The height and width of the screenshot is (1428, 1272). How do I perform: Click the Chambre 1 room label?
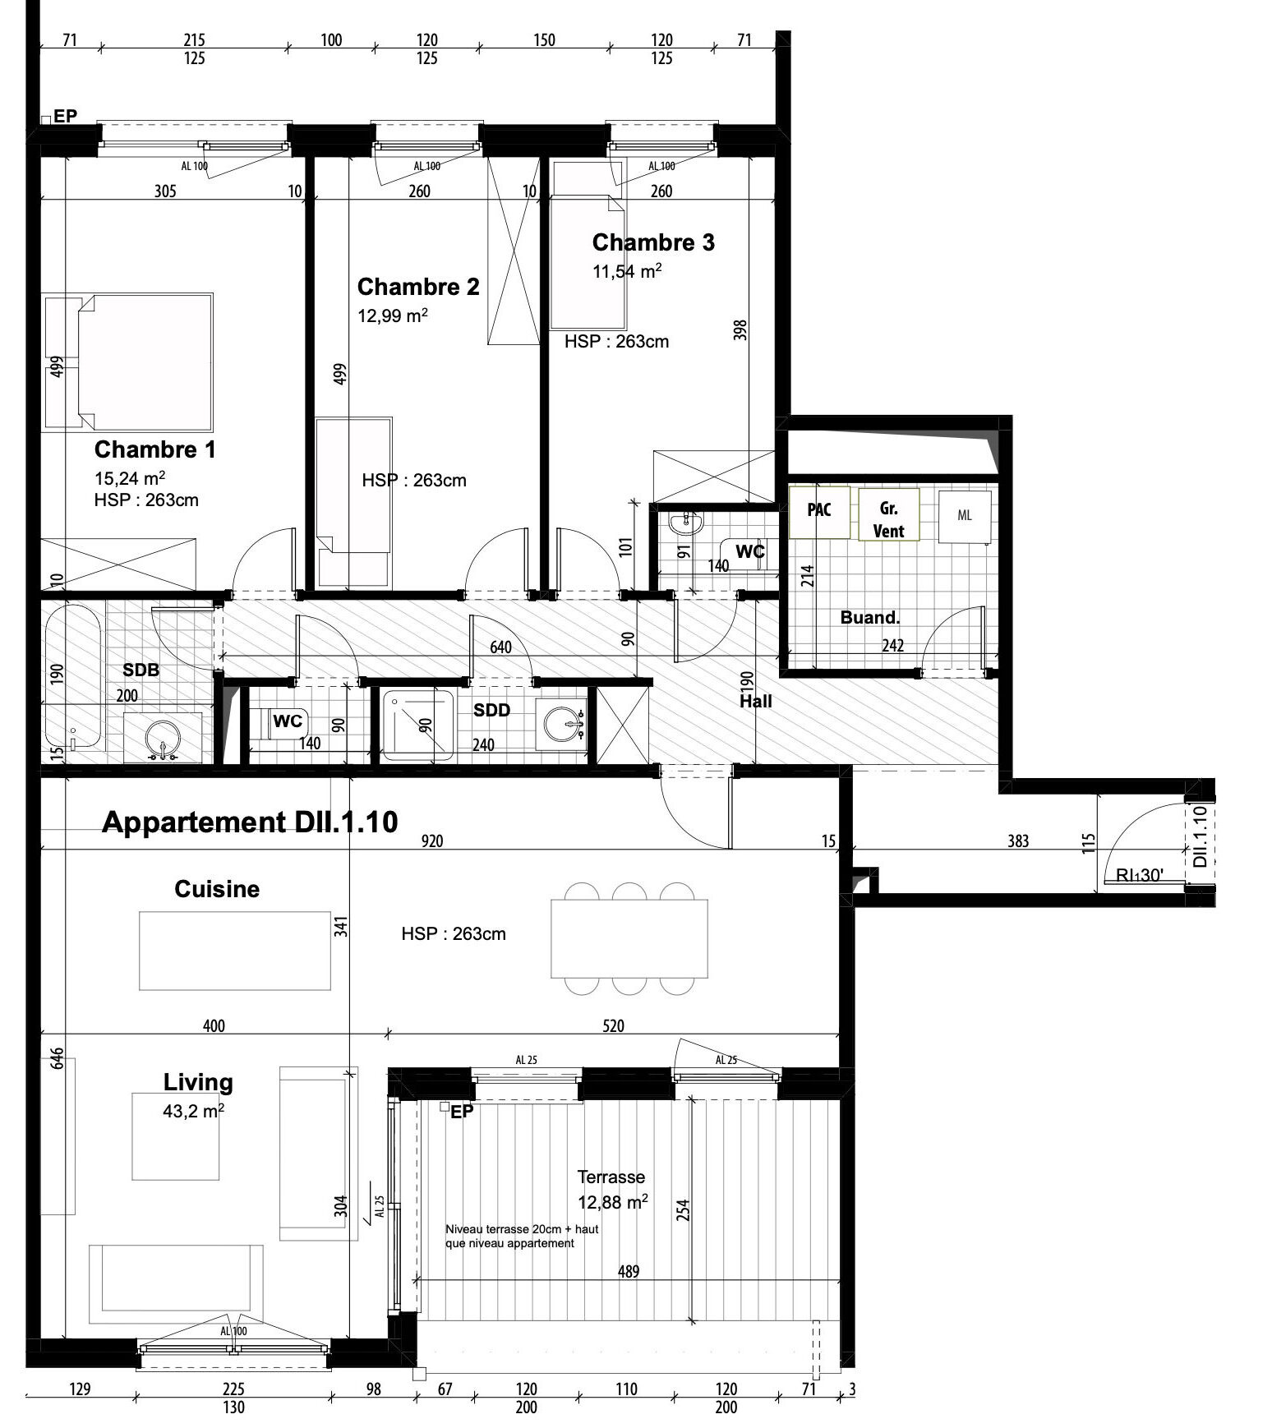(x=154, y=449)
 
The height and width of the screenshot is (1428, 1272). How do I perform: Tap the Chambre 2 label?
(x=418, y=287)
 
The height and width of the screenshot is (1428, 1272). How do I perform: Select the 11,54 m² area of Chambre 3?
(x=628, y=270)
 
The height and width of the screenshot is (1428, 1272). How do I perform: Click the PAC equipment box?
(x=819, y=511)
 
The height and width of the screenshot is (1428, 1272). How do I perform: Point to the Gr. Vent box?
(x=888, y=515)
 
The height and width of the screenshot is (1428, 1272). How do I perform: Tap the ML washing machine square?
(x=965, y=516)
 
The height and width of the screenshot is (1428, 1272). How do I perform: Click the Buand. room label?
(x=869, y=618)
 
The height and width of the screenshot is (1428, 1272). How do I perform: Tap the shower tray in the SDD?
(x=417, y=725)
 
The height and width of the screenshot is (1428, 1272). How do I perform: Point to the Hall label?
(x=756, y=701)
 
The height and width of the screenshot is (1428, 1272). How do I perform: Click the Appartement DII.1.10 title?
(x=250, y=822)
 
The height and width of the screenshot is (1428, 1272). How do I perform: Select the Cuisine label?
(x=217, y=889)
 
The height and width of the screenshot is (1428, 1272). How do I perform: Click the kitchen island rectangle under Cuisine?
(x=235, y=951)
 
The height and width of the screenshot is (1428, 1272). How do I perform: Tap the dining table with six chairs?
(x=629, y=938)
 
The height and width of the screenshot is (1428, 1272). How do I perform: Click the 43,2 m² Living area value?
(x=194, y=1112)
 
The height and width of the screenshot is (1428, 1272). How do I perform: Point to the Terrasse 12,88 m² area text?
(x=613, y=1191)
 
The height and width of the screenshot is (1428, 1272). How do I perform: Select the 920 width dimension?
(x=432, y=841)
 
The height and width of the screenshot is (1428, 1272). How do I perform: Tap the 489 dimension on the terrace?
(x=629, y=1271)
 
